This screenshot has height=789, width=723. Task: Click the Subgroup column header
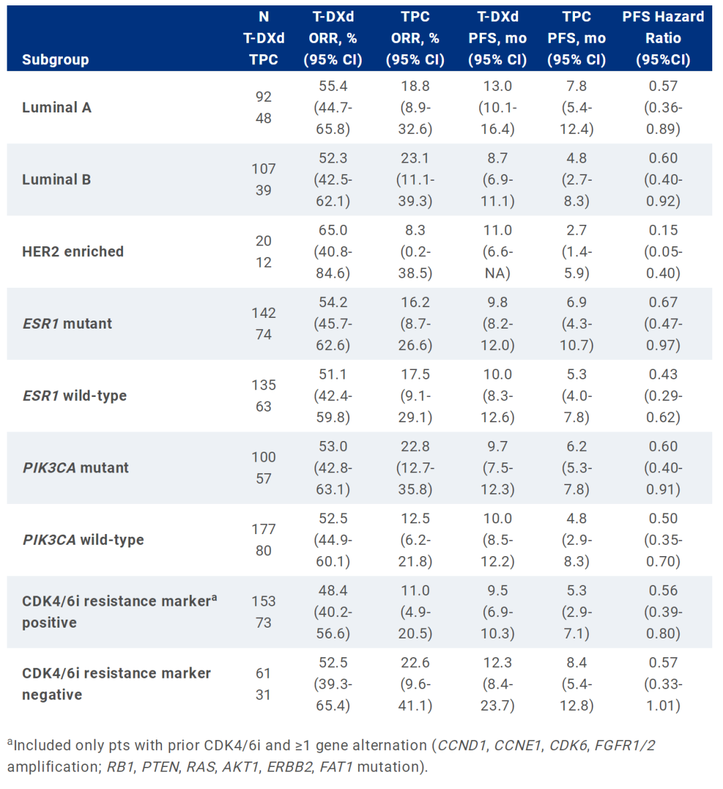point(55,60)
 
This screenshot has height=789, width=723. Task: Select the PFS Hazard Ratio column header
point(663,38)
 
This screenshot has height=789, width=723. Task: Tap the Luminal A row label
point(56,108)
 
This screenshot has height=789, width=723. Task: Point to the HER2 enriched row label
point(72,252)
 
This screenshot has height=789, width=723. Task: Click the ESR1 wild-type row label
point(74,396)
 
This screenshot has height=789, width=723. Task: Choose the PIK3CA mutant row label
point(75,468)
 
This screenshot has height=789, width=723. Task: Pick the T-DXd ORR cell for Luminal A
point(333,108)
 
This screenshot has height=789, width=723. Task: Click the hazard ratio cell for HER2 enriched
point(663,252)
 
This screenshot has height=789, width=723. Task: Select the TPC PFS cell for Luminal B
point(576,179)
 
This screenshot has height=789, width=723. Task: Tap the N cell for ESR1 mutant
point(264,324)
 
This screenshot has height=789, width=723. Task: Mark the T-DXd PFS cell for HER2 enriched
point(497,252)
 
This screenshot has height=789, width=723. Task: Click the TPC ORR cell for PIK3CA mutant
point(415,468)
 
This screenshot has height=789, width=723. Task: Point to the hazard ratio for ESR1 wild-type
point(663,396)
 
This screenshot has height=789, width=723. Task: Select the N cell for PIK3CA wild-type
point(264,540)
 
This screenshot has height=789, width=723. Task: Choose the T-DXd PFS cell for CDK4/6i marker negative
point(497,684)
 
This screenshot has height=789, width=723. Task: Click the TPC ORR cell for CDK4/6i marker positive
point(415,612)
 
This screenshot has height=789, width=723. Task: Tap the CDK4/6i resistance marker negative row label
point(116,684)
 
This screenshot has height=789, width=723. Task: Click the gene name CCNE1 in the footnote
point(517,746)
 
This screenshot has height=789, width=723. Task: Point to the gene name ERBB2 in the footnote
point(289,767)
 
